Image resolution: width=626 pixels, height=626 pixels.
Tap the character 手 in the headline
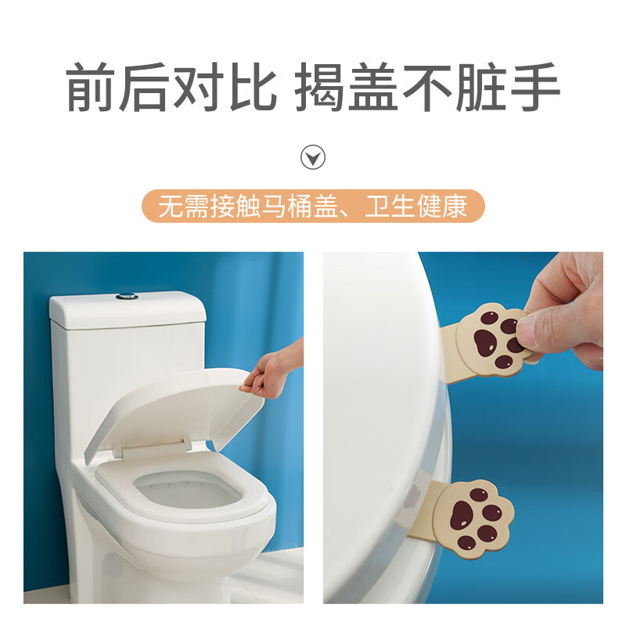534,88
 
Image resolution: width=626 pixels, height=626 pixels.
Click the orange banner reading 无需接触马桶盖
313,207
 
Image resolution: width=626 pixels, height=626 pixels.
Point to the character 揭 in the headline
318,88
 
